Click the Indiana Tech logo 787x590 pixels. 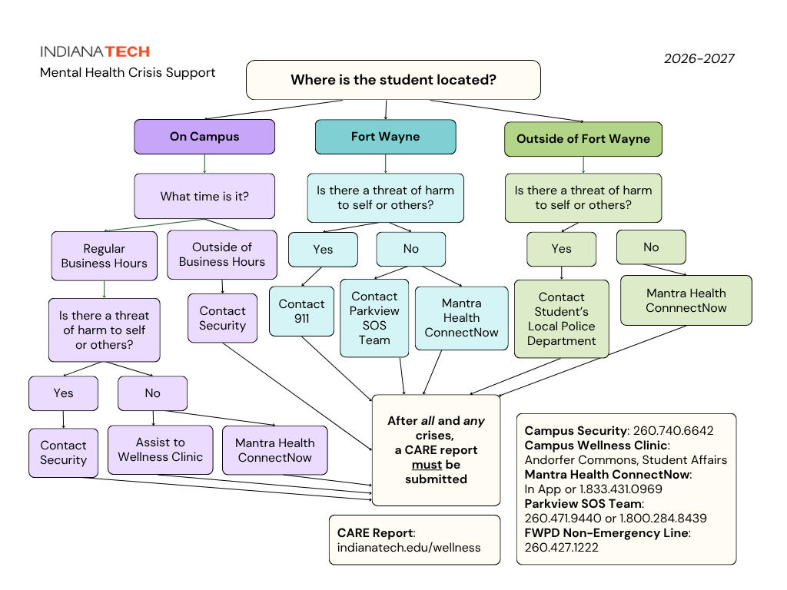[x=95, y=51]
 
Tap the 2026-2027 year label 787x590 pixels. [x=699, y=58]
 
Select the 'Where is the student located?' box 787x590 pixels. [x=393, y=80]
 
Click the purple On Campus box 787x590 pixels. [x=204, y=137]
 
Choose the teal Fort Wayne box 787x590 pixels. [x=386, y=137]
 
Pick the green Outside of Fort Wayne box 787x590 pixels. [x=583, y=139]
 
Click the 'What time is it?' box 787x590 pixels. [x=204, y=196]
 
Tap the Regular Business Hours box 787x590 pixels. [x=105, y=256]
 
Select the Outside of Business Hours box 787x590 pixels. [x=222, y=254]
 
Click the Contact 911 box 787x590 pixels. [x=301, y=311]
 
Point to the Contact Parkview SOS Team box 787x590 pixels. [x=374, y=318]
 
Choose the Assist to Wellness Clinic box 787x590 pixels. [x=161, y=449]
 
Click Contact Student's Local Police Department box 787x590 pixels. [x=562, y=319]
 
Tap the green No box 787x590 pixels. [x=651, y=247]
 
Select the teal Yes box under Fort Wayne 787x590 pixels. [x=324, y=250]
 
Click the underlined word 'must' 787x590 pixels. [x=427, y=465]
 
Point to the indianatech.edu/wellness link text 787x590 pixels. [x=409, y=547]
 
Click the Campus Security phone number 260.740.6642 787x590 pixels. [x=673, y=430]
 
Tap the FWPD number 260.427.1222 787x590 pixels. [x=562, y=547]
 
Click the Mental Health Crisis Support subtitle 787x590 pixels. [x=128, y=73]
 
